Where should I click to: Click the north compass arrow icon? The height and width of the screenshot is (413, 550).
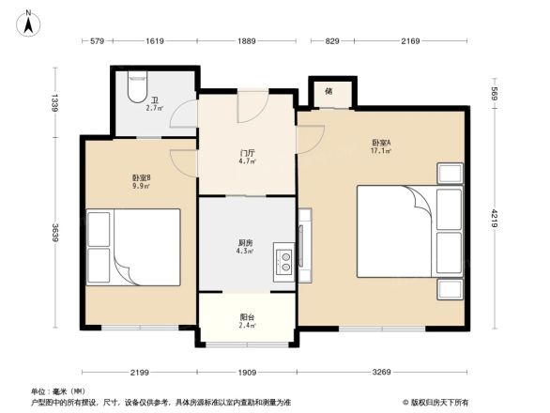coord(29,21)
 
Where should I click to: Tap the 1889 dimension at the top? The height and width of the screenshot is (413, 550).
coord(247,41)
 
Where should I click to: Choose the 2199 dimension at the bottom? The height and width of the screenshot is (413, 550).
coord(141,373)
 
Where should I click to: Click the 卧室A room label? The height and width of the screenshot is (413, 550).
coord(381,143)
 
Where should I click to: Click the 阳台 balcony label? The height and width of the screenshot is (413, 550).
coord(248,317)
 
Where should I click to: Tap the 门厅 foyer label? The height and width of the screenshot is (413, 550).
coord(248,153)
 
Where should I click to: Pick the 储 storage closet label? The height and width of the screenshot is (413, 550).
coord(328,91)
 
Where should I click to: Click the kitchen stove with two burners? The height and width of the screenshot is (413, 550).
coord(282,258)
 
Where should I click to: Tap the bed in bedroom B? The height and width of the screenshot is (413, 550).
coord(133,247)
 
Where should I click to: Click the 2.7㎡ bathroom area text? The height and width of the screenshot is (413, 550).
coord(154,108)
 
